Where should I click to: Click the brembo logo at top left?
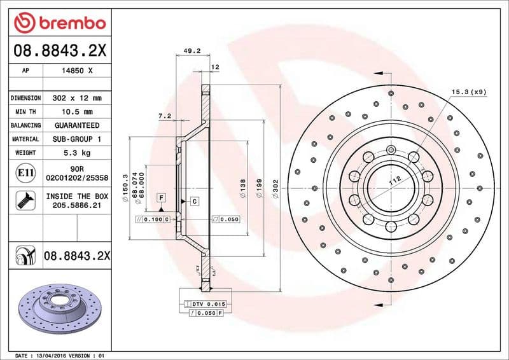coord(60,23)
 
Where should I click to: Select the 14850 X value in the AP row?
coord(78,71)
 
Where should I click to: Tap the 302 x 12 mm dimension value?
coord(78,99)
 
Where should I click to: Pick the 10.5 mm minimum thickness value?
coord(78,112)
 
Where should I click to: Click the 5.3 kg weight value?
coord(78,153)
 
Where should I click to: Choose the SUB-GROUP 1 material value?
coord(78,139)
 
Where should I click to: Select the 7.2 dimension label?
coord(165,116)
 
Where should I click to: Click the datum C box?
coord(194,201)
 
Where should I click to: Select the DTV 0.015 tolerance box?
coord(208,305)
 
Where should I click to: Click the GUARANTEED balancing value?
coord(78,125)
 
